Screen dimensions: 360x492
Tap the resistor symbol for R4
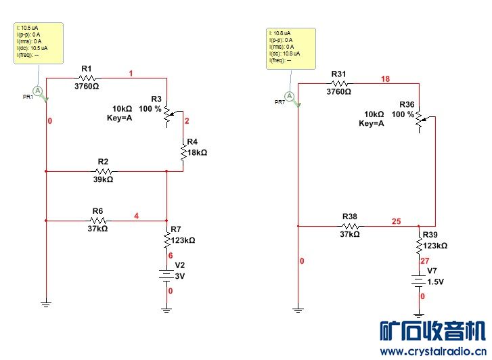click(x=183, y=153)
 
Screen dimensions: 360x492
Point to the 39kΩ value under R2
click(x=103, y=180)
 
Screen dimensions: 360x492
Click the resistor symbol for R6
click(x=99, y=220)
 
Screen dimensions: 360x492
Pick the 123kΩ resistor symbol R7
click(x=166, y=240)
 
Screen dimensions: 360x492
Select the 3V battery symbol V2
click(x=166, y=275)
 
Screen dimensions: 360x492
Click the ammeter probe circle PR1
click(x=39, y=90)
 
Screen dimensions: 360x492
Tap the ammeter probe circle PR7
click(x=290, y=96)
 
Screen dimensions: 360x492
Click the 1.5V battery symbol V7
click(x=420, y=280)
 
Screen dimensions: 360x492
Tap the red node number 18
click(x=386, y=79)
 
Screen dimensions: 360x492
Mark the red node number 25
click(x=396, y=221)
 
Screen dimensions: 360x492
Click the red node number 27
click(x=425, y=261)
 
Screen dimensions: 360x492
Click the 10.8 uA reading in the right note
click(x=281, y=32)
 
